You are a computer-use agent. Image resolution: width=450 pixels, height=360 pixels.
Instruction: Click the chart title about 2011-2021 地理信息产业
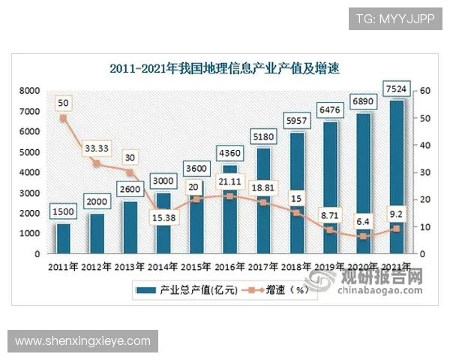225,70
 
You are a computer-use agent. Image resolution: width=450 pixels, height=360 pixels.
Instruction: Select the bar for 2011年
63,238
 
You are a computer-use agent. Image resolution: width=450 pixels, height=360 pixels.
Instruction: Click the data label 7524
395,90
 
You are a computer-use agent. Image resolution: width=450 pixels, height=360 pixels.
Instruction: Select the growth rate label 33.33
96,147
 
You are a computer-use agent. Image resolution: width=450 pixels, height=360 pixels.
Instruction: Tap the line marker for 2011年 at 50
63,118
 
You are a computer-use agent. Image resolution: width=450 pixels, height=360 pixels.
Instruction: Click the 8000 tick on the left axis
30,91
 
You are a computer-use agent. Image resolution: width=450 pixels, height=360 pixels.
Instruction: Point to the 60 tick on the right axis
424,91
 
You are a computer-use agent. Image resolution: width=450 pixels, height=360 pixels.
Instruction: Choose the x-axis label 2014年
163,267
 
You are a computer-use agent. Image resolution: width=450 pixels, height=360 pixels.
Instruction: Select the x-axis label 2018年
295,267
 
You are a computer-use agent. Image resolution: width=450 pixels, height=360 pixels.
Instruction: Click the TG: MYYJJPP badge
394,16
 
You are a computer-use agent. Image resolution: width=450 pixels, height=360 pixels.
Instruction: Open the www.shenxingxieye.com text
82,341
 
